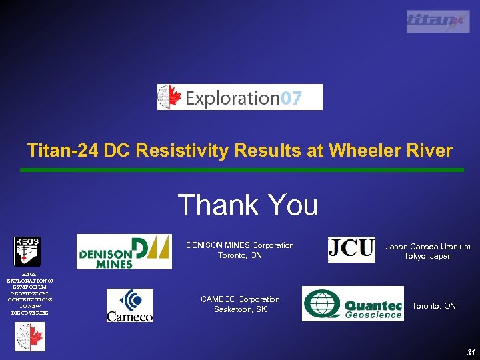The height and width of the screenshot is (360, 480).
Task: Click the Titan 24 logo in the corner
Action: pos(438,21)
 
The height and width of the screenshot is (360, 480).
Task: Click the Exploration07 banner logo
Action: pos(239,97)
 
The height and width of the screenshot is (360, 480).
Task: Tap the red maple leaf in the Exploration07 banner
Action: pos(172,97)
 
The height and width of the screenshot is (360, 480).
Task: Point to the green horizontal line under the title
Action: pos(241,170)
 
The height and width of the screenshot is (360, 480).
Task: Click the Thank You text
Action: pos(247,205)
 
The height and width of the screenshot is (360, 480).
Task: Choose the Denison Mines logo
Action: pos(124,251)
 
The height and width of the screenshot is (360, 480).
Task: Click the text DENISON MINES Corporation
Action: pos(239,245)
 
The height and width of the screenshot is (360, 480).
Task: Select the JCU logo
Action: pos(351,249)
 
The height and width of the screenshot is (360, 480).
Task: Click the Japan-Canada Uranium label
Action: pos(428,247)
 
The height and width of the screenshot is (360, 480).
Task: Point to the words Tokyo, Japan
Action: pos(428,257)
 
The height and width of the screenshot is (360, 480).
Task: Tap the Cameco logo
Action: pos(130,305)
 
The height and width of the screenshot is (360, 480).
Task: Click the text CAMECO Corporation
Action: pos(240,299)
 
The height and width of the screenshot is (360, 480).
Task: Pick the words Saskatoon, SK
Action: pos(240,310)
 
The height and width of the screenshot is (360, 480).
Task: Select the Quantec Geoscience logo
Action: pos(353,304)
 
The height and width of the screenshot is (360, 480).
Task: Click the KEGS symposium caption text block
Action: pos(29,293)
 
